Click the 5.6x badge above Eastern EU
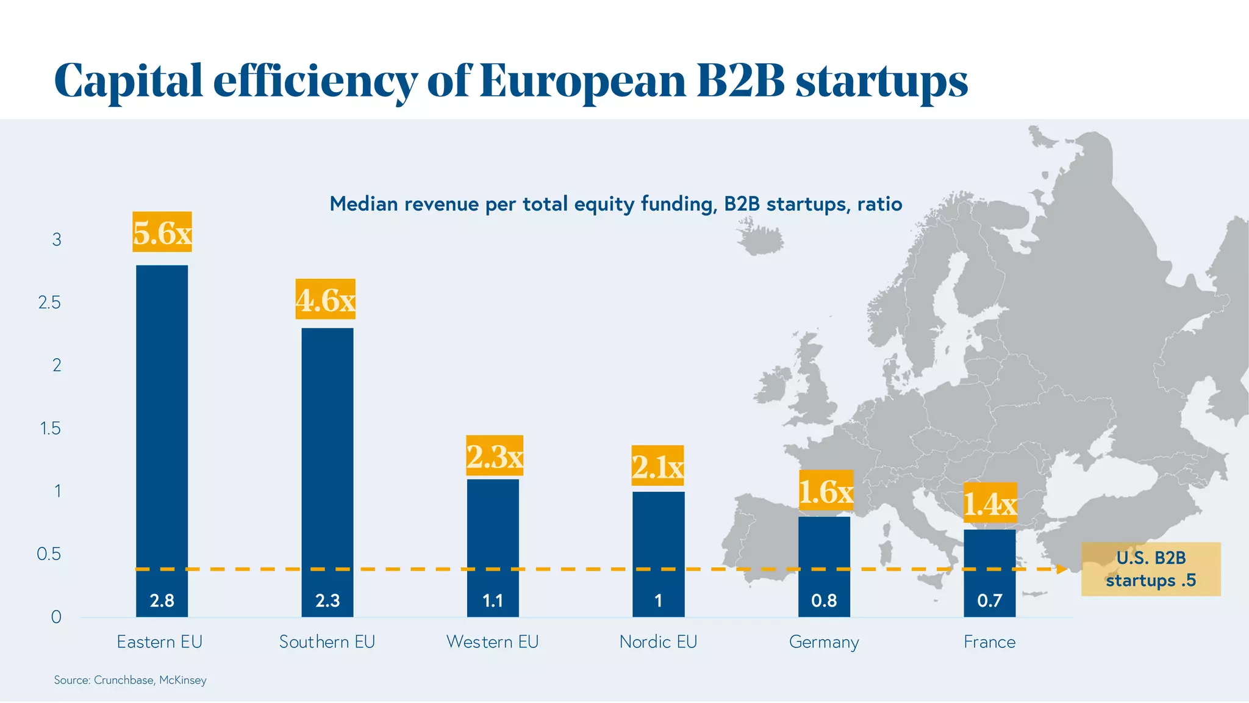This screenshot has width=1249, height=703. (162, 232)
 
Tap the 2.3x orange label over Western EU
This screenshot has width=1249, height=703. (495, 455)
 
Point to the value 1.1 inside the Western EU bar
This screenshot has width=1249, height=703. (493, 600)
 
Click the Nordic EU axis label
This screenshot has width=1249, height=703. (658, 642)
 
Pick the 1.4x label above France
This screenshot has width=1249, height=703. (990, 503)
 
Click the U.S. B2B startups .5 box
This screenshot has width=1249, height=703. (1151, 569)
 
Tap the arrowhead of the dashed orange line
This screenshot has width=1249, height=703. (1062, 569)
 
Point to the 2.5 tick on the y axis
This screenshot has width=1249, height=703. (49, 303)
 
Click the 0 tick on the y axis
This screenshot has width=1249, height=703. (56, 617)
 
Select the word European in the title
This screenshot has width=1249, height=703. (582, 82)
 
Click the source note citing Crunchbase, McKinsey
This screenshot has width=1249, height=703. (130, 680)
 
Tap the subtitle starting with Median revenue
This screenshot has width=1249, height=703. (615, 204)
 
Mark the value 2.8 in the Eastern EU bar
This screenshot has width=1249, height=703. (162, 600)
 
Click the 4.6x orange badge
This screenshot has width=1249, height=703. (326, 299)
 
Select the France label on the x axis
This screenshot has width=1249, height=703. (989, 642)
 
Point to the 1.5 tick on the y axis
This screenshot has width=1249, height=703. (51, 428)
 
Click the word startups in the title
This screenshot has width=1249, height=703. (881, 82)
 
